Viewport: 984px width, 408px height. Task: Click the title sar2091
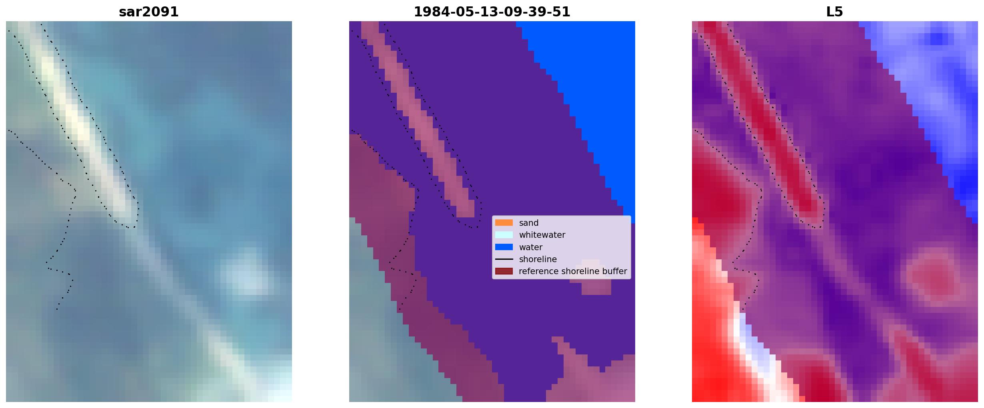point(149,12)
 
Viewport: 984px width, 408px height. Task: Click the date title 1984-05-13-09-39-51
point(492,12)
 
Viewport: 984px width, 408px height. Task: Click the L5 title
point(835,12)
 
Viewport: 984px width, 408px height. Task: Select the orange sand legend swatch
point(504,223)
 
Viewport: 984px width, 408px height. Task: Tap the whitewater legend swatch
point(504,235)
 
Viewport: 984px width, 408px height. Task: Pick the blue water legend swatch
point(504,247)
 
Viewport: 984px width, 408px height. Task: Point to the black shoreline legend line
point(504,259)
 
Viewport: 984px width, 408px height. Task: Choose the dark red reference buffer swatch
point(504,271)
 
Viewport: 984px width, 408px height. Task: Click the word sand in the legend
point(529,223)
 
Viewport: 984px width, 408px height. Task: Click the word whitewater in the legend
point(542,235)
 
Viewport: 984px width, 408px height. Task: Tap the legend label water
point(531,247)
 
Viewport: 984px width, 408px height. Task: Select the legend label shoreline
point(538,259)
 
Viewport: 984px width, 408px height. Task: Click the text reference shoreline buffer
point(573,271)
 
